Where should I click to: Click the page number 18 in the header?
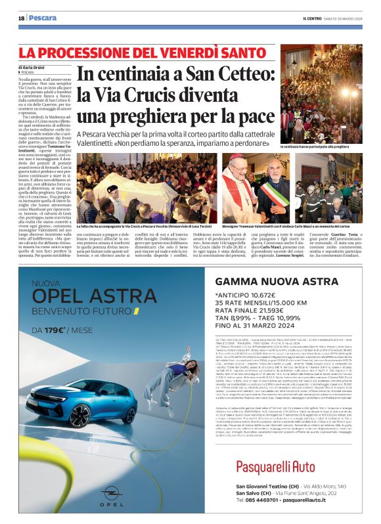pos(21,18)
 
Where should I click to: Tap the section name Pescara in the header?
pos(43,18)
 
